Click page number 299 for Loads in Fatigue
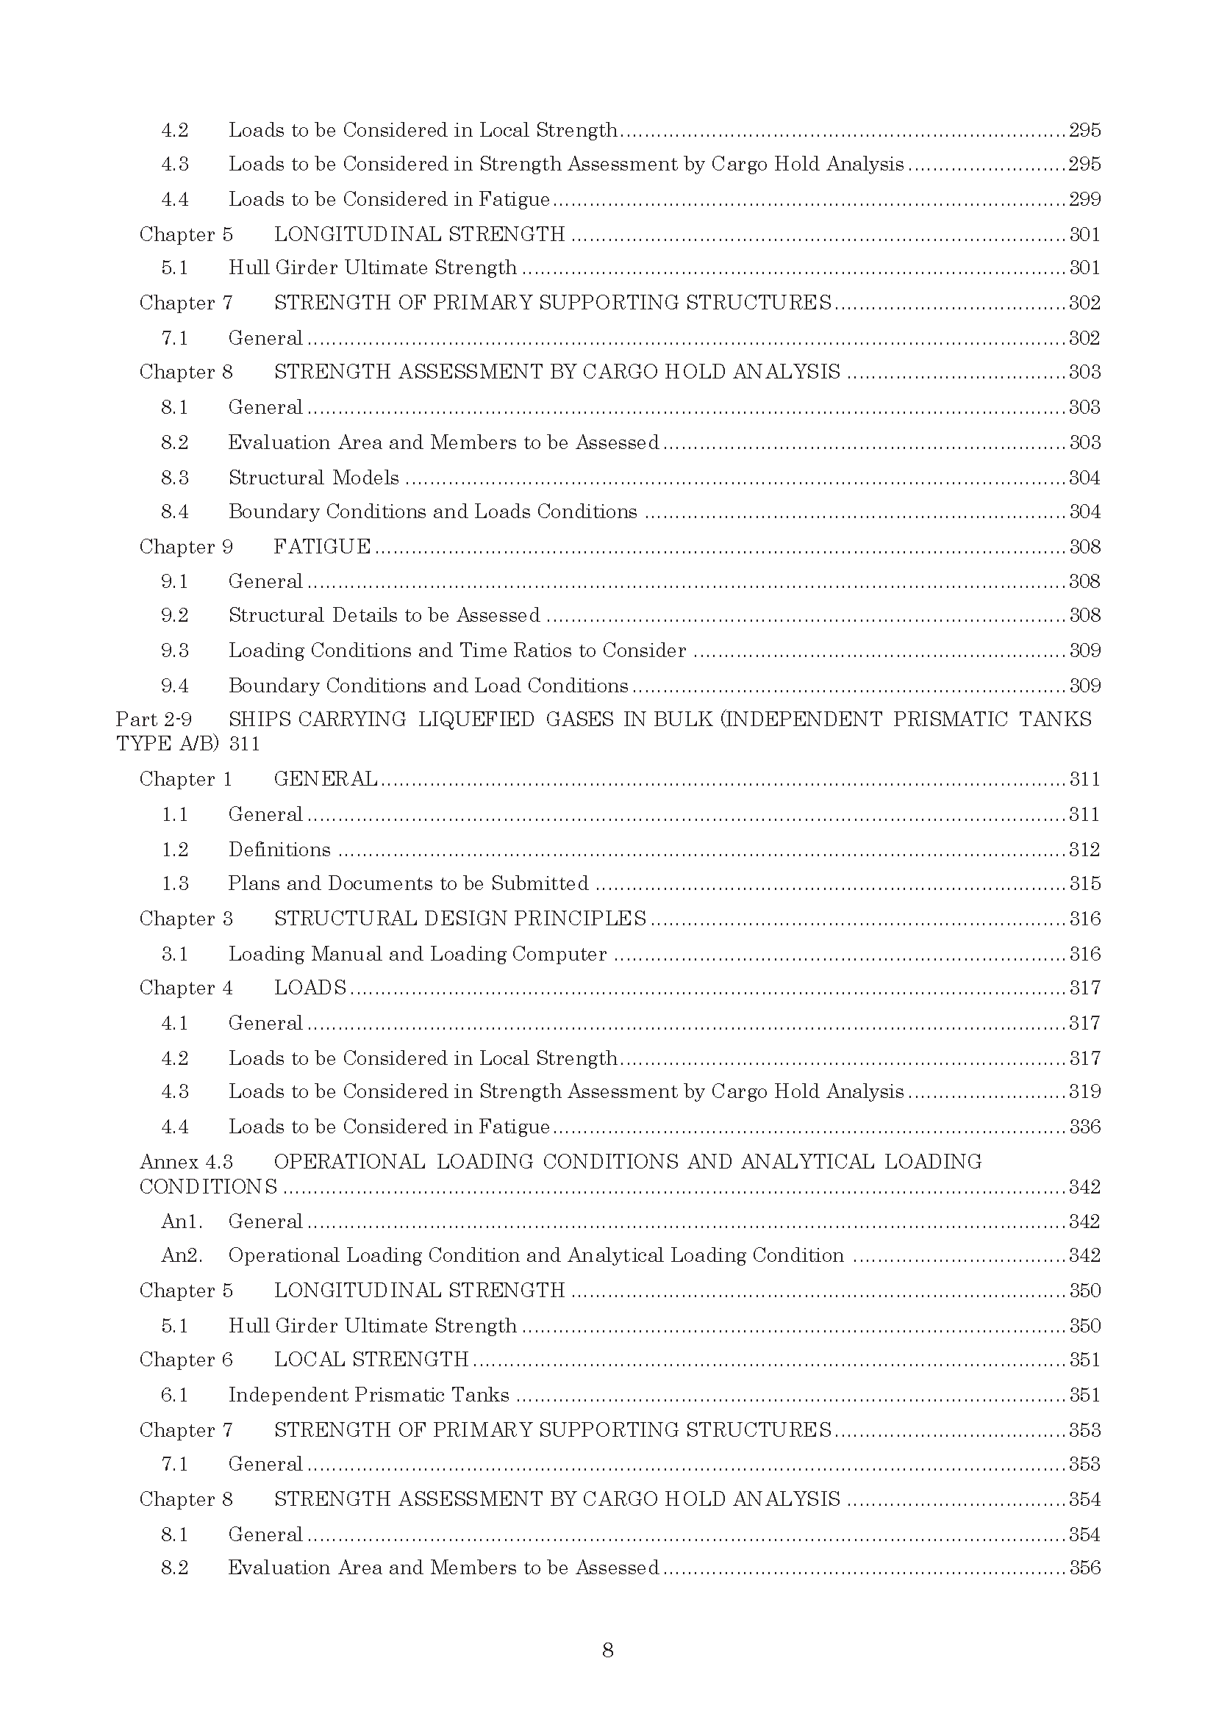(1084, 199)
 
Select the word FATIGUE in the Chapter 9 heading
(322, 547)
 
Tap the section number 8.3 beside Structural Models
(174, 478)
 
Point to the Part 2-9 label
(154, 719)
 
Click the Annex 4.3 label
(186, 1161)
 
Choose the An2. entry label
(181, 1255)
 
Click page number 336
(1084, 1127)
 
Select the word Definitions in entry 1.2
(279, 849)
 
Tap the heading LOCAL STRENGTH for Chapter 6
(371, 1359)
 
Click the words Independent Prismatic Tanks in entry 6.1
(368, 1394)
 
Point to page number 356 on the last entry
(1084, 1567)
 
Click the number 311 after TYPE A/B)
(244, 744)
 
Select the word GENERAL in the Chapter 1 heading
(326, 778)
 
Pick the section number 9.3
(174, 650)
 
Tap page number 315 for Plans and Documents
(1084, 883)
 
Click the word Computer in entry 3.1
(559, 953)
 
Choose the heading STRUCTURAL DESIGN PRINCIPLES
(459, 918)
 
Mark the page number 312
(1084, 849)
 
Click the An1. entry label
(181, 1221)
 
